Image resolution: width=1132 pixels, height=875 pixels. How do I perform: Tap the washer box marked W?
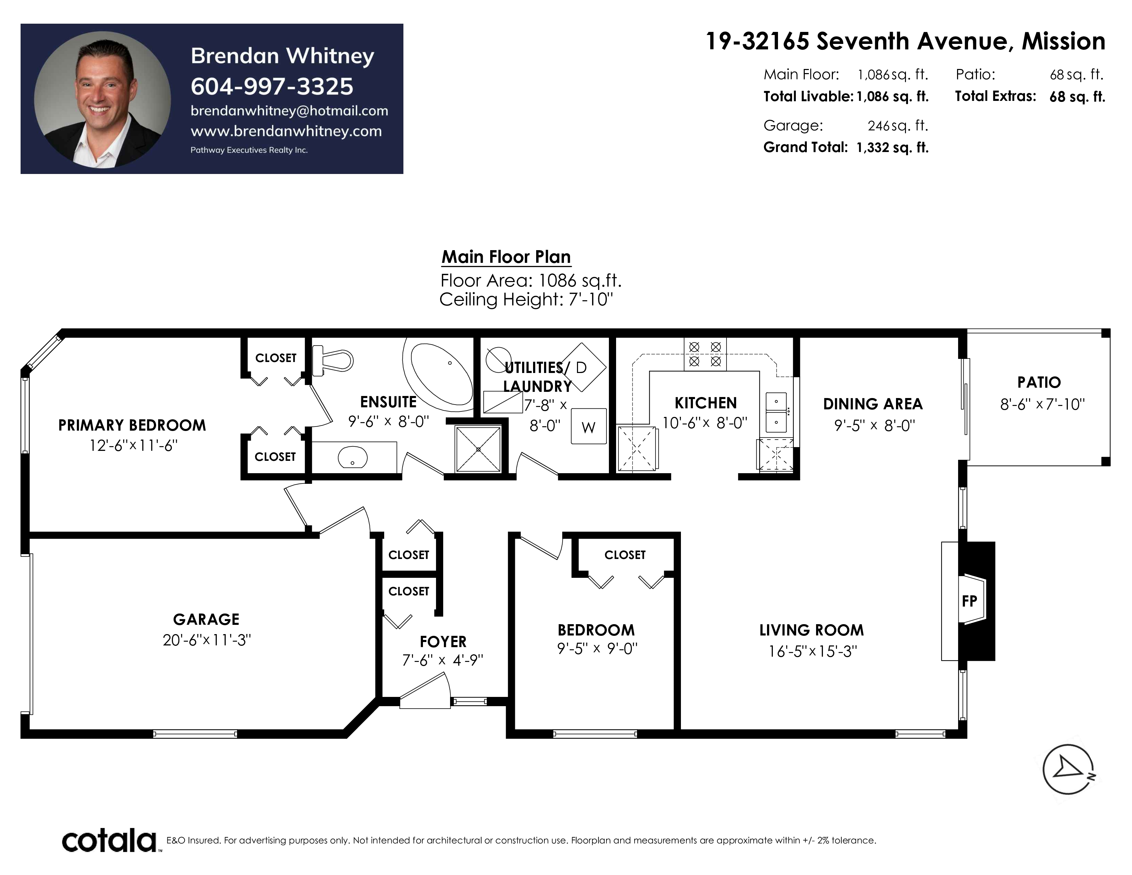pyautogui.click(x=589, y=426)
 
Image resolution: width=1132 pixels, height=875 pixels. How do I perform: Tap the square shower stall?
pyautogui.click(x=479, y=449)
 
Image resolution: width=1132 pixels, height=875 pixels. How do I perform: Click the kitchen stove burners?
pyautogui.click(x=705, y=354)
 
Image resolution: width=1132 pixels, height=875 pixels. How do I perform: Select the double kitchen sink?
pyautogui.click(x=776, y=412)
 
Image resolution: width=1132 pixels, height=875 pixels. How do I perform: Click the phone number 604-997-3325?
pyautogui.click(x=272, y=86)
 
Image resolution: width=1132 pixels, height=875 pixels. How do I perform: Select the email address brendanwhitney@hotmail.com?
pyautogui.click(x=289, y=111)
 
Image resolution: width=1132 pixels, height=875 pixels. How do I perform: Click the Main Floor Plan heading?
pyautogui.click(x=506, y=257)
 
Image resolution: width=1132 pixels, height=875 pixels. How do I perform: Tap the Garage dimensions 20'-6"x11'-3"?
pyautogui.click(x=207, y=640)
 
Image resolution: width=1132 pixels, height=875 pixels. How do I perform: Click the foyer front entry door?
pyautogui.click(x=425, y=691)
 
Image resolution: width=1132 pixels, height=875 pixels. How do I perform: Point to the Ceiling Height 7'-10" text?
pyautogui.click(x=526, y=300)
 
